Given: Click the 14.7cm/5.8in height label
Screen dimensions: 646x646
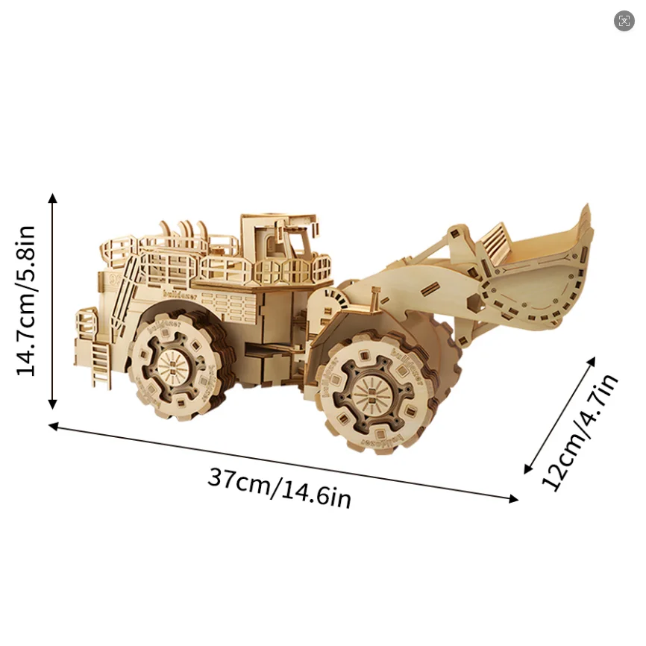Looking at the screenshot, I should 26,301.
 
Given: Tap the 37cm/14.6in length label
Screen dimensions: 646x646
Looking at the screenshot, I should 279,489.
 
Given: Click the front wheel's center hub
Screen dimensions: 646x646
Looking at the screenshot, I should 370,392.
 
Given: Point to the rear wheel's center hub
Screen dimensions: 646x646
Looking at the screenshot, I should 172,367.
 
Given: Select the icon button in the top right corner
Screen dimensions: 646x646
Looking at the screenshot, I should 624,21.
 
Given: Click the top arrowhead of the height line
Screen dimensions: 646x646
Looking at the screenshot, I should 52,198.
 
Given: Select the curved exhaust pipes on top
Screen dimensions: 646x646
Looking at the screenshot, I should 183,228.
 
